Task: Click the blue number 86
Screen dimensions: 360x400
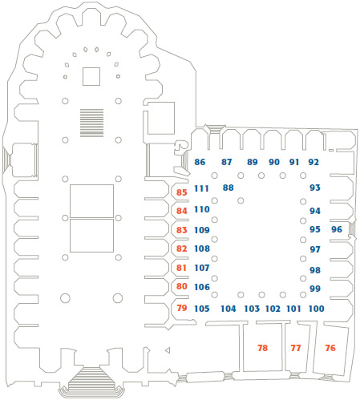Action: point(200,162)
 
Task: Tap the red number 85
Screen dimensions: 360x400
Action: point(181,192)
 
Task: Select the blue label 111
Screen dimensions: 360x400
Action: point(201,188)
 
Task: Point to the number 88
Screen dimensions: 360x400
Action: point(229,188)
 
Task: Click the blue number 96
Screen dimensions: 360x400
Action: point(337,229)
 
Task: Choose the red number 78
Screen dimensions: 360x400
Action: point(262,348)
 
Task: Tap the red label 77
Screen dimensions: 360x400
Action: point(296,348)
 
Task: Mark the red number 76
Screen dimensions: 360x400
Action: point(330,348)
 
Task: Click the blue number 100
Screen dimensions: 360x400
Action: point(317,309)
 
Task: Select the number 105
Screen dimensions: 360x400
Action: point(202,309)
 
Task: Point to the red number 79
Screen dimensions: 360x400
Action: point(182,308)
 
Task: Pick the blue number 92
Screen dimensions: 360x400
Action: point(313,162)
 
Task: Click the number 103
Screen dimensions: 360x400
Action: point(252,309)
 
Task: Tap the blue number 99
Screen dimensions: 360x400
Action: point(315,289)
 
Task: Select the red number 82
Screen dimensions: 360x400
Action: point(181,248)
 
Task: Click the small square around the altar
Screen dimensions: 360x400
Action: point(91,77)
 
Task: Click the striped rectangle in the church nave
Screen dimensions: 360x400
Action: point(91,123)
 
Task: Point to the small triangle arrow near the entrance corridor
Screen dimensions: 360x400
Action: point(168,350)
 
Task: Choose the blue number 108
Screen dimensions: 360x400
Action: point(202,248)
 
